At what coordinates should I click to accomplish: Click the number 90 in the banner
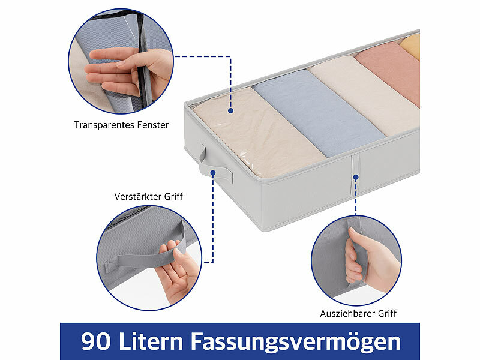95,341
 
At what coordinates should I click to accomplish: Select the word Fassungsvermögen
295,341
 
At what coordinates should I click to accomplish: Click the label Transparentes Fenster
121,125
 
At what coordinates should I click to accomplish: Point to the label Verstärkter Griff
148,196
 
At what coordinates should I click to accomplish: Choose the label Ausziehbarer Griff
358,313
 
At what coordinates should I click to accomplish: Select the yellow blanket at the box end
411,46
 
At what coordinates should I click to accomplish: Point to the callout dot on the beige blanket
231,111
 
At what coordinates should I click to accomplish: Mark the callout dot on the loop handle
214,173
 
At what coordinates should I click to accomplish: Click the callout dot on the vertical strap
356,177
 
